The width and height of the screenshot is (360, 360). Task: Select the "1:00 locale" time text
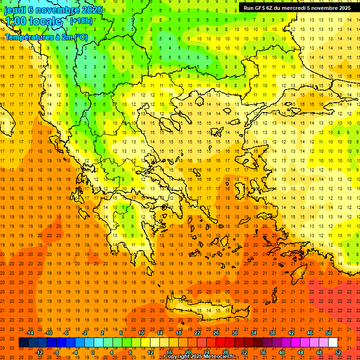[33, 21]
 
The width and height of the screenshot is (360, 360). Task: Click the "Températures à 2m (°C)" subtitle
[46, 37]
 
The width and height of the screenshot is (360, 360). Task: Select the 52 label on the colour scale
[338, 352]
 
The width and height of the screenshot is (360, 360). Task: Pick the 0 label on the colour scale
[92, 352]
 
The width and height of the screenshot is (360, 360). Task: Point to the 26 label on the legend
[216, 333]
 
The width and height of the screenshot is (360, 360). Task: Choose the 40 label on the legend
[282, 352]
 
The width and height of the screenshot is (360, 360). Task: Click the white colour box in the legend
[333, 343]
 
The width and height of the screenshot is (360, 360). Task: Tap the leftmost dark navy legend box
[23, 343]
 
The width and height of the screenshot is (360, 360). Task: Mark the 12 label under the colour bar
[150, 352]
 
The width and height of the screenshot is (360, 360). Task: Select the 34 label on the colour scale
[254, 333]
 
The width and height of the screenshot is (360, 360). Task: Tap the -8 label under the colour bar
[56, 352]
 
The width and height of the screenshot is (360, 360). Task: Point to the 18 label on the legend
[179, 333]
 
